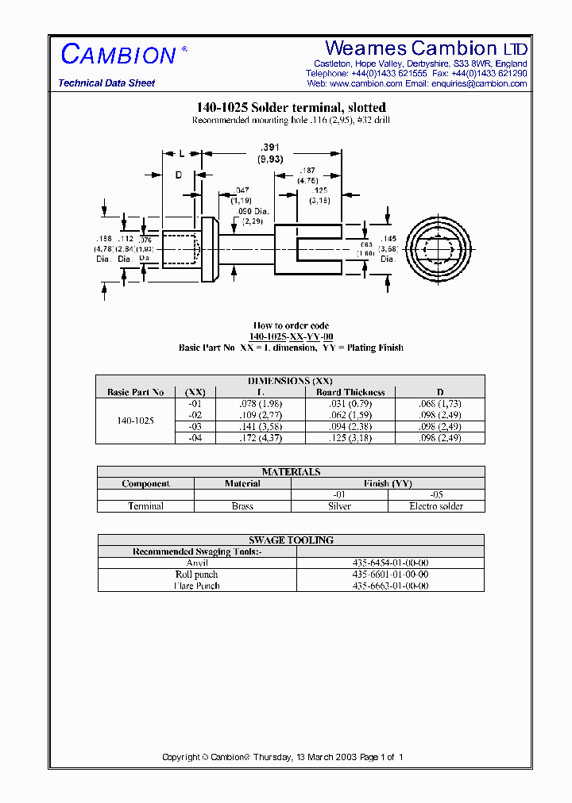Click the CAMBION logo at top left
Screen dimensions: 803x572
coord(119,55)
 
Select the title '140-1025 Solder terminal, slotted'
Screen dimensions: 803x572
coord(291,108)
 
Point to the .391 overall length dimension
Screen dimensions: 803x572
coord(271,148)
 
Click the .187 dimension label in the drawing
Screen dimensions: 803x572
coord(307,171)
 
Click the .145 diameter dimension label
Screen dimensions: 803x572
coord(388,239)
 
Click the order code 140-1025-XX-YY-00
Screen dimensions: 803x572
coord(291,336)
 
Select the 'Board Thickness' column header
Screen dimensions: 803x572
coord(350,392)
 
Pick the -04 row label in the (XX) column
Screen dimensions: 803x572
coord(195,438)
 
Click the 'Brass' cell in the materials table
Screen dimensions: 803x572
coord(242,506)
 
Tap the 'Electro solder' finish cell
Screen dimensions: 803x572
coord(436,506)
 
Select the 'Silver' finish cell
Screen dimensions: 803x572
coord(339,506)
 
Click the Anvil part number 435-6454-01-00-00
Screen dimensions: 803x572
coord(389,563)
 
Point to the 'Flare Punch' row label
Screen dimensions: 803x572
coord(197,586)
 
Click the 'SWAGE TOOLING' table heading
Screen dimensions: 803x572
coord(291,540)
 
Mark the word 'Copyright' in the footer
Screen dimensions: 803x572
coord(180,757)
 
